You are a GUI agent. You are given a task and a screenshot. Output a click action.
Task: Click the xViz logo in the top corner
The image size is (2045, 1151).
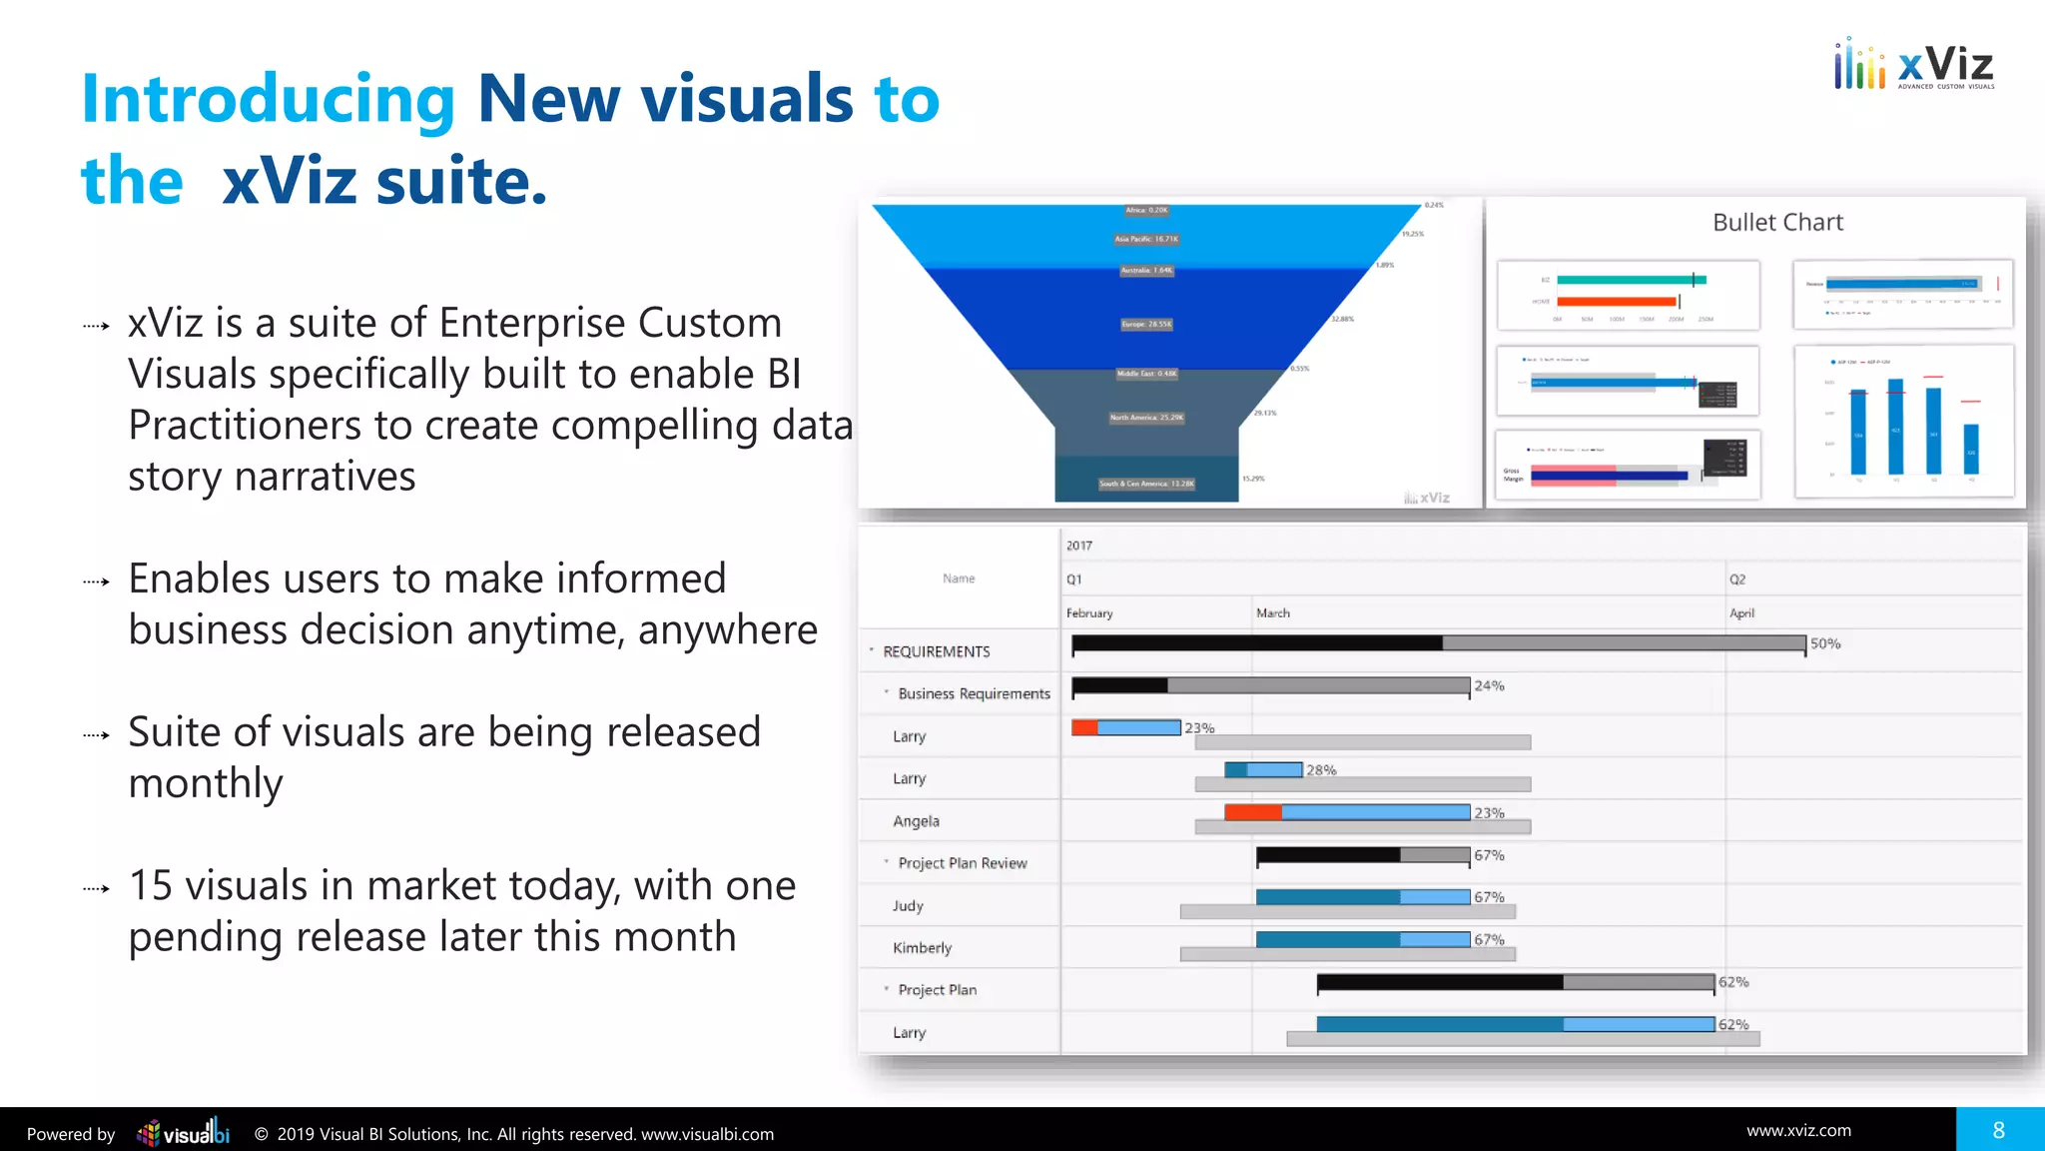click(1913, 66)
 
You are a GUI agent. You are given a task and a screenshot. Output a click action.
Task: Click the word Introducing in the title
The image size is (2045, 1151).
click(268, 99)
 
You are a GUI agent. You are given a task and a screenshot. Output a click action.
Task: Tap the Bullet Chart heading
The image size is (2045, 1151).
click(1777, 223)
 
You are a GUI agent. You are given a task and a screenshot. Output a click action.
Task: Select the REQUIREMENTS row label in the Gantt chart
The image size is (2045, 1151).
click(936, 651)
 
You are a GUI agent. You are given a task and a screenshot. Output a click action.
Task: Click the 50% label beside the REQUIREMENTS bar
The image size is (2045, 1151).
click(1824, 643)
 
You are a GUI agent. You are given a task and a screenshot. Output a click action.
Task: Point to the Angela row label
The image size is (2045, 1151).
click(916, 821)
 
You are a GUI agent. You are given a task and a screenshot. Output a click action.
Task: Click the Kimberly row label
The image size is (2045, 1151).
click(922, 947)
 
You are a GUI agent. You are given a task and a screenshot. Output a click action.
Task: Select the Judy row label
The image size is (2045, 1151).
click(908, 905)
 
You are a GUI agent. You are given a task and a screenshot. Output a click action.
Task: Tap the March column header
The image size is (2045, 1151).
click(1272, 612)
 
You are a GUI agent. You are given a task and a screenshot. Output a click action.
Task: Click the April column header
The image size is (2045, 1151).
click(1741, 612)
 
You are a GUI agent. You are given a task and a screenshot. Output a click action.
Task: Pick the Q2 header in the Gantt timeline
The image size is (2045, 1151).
click(1737, 579)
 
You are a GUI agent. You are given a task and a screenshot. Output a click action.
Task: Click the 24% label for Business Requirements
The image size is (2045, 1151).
click(1489, 685)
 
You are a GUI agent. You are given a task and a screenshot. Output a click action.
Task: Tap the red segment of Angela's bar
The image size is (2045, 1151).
click(1252, 812)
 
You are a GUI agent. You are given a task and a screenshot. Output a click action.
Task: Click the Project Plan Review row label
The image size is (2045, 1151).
click(962, 863)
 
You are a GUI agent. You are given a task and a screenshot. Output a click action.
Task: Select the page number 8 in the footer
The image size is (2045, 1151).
click(1998, 1130)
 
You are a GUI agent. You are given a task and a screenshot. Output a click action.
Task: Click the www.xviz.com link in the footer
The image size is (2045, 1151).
click(1798, 1130)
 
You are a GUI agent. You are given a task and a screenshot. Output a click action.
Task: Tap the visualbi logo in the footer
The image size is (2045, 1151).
click(184, 1133)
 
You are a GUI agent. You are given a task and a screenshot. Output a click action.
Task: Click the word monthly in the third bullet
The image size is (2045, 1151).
click(206, 783)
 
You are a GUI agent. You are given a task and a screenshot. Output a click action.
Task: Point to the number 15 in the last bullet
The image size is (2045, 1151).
click(151, 885)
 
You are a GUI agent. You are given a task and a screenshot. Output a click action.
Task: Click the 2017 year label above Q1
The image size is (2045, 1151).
click(1078, 546)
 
